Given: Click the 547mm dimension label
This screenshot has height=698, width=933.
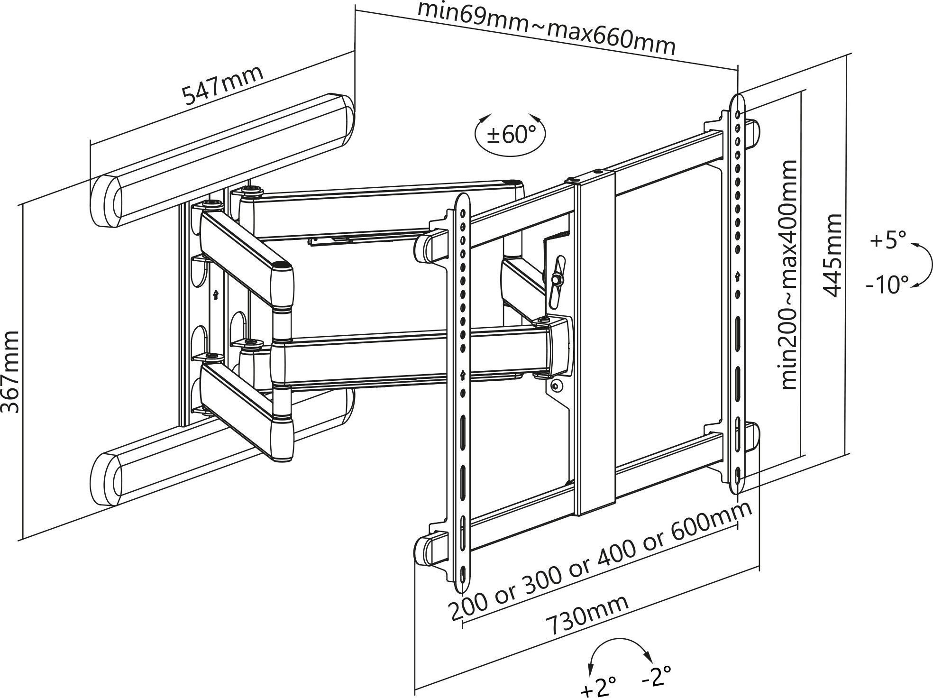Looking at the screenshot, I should [x=222, y=86].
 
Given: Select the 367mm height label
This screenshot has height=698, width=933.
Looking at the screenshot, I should [x=10, y=372].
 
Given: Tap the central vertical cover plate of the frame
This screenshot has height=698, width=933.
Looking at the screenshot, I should [x=595, y=341].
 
